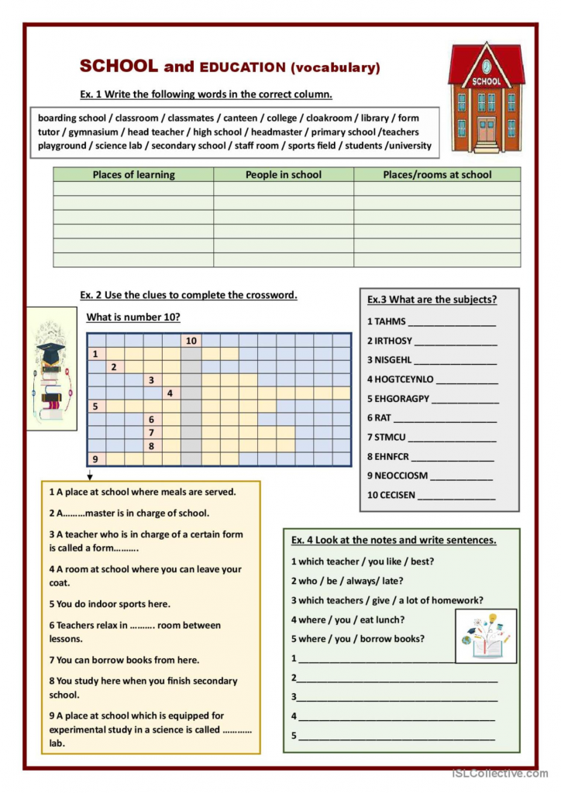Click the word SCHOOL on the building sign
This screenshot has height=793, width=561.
[x=487, y=81]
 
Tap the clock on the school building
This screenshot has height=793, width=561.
[x=487, y=66]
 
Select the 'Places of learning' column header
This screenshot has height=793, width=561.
[x=133, y=174]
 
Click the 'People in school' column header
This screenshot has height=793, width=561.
[x=284, y=174]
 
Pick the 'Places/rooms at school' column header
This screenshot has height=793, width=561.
[x=437, y=174]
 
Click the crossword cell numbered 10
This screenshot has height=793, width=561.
[x=191, y=341]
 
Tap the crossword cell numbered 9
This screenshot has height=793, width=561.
[x=96, y=458]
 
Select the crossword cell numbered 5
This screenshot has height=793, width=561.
[x=96, y=406]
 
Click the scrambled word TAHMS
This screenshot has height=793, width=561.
[x=391, y=321]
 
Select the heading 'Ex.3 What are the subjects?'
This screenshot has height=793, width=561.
[x=432, y=300]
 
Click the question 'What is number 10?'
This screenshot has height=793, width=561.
[x=133, y=317]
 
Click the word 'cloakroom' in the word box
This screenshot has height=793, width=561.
[x=329, y=118]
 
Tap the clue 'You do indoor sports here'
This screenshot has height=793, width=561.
[x=109, y=604]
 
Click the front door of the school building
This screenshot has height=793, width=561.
[x=487, y=130]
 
